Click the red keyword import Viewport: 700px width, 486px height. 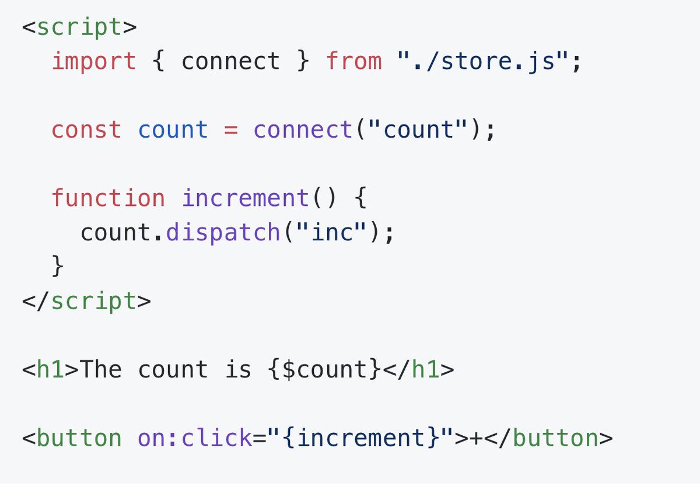94,61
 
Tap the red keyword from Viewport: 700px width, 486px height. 354,61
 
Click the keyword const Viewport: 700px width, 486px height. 86,129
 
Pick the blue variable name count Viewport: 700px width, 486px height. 173,129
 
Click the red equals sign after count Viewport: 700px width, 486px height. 230,129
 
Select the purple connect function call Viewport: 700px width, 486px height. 303,129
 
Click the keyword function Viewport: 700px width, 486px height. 108,198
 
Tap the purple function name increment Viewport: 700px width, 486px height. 245,198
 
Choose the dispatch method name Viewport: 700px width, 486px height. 223,232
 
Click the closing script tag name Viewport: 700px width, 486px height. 93,300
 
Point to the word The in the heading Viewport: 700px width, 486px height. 100,369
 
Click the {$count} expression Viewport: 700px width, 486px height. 324,369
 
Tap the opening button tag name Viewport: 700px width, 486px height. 79,438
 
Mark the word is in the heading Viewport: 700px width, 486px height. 237,369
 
